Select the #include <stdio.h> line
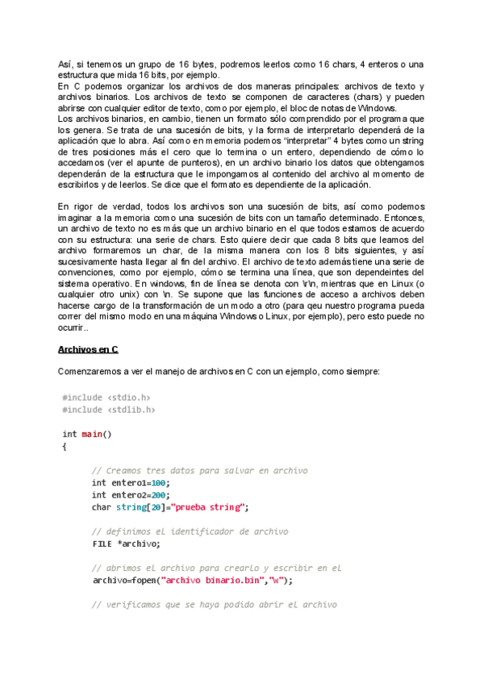tap(106, 397)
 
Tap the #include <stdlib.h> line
tap(108, 409)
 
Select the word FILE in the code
tap(102, 544)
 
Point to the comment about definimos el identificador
tap(190, 532)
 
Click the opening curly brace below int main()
tap(65, 446)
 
